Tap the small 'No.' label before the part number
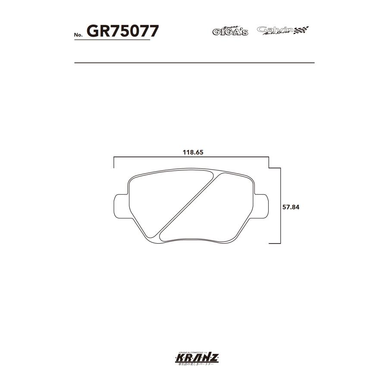click(79, 34)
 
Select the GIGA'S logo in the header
click(230, 31)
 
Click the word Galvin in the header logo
click(274, 29)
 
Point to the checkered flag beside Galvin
click(301, 30)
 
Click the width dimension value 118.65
click(193, 152)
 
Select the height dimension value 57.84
click(291, 207)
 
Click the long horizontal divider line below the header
click(194, 63)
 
